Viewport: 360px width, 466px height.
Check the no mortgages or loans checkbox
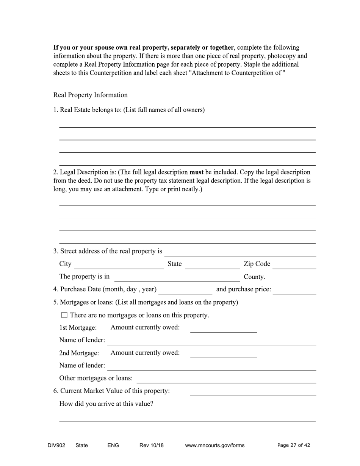coord(64,315)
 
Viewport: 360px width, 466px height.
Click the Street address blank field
coord(240,252)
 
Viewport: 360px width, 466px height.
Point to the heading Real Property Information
coord(91,95)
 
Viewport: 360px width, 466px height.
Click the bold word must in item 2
coord(196,172)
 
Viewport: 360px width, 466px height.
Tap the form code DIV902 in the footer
coord(56,445)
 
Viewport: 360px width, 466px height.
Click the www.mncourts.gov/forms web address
coord(215,445)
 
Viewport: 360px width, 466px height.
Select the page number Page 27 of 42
coord(294,445)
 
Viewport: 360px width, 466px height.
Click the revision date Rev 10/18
coord(152,445)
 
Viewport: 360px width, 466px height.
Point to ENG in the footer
coord(113,445)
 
